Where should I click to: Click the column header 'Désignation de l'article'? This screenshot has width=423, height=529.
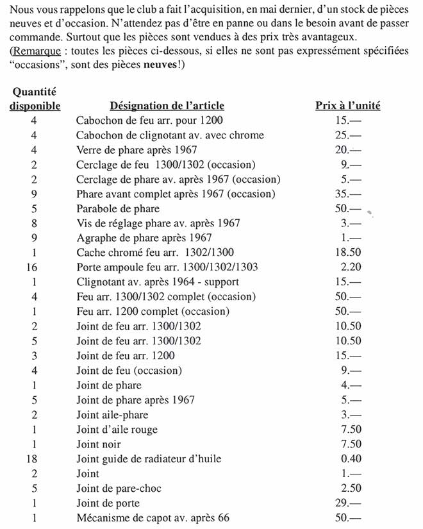(x=167, y=106)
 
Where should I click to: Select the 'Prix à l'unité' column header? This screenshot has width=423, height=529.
(x=347, y=106)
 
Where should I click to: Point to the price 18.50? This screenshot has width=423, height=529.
(x=348, y=253)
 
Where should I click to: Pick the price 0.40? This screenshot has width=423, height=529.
(x=348, y=459)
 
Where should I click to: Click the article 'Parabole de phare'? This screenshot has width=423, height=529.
(x=118, y=208)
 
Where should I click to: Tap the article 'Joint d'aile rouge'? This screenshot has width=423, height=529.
(x=117, y=430)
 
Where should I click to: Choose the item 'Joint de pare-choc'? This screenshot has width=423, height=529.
(x=119, y=489)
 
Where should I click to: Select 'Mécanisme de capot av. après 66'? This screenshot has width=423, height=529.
(x=153, y=518)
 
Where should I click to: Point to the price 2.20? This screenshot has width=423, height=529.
(x=348, y=267)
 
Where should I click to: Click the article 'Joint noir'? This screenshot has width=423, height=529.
(x=99, y=444)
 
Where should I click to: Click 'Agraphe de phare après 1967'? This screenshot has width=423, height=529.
(x=144, y=238)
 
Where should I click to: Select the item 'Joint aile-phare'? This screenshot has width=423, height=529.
(x=112, y=415)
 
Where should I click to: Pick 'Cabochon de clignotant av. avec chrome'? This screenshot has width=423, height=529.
(x=170, y=135)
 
